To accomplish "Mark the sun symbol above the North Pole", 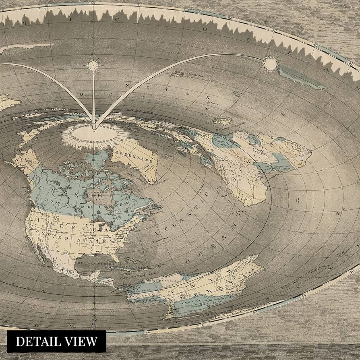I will pos(93,65).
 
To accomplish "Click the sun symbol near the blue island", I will pos(270,63).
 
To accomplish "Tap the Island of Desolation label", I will pos(184,74).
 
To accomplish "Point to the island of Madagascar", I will pos(222,120).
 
